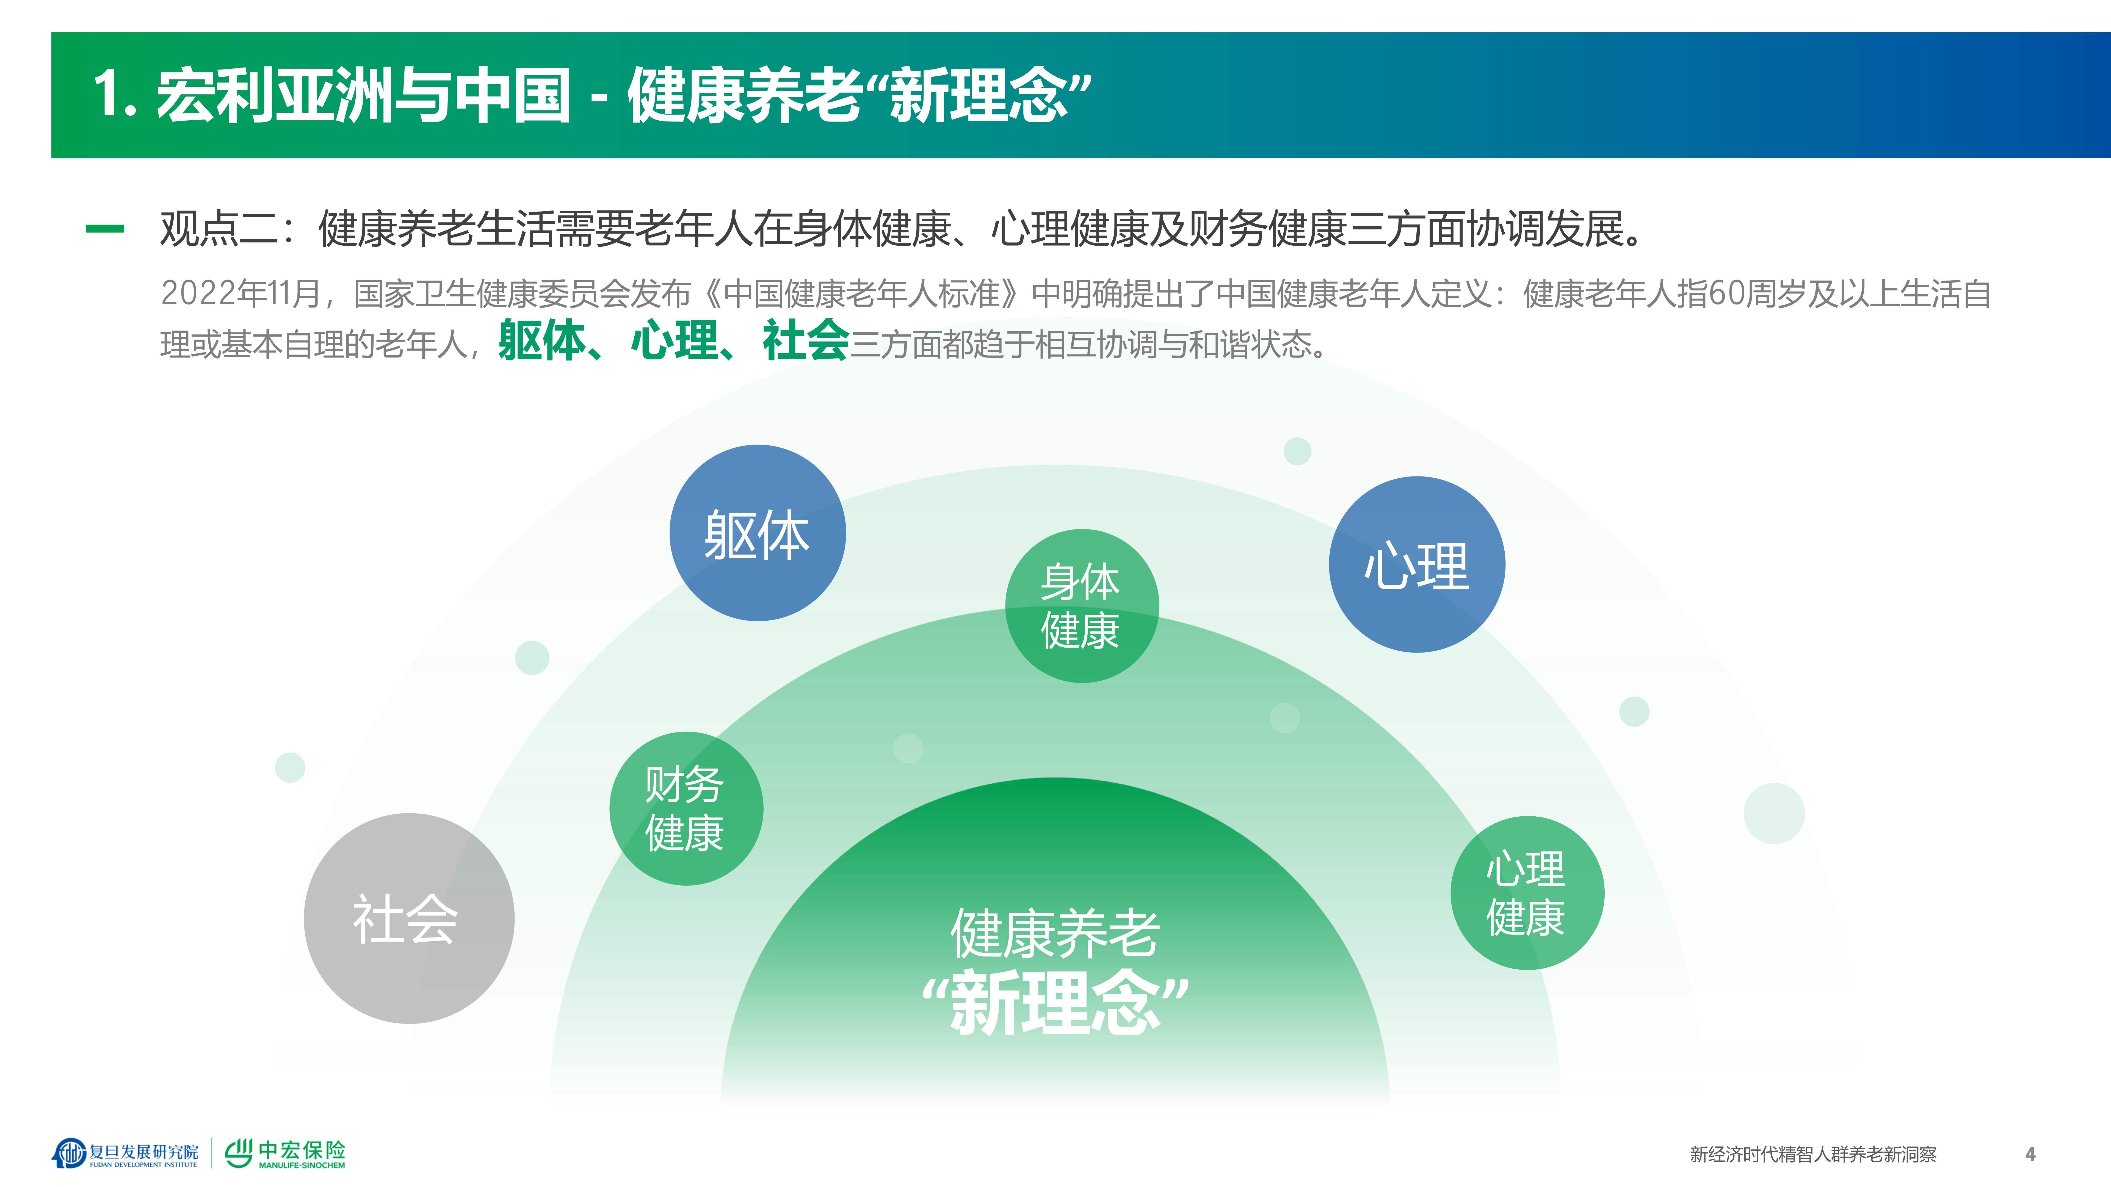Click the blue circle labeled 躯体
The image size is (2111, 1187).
[x=757, y=533]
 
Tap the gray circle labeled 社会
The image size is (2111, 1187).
[x=408, y=918]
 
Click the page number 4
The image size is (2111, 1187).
[x=2030, y=1154]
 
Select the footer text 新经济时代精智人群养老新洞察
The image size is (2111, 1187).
[x=1813, y=1154]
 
